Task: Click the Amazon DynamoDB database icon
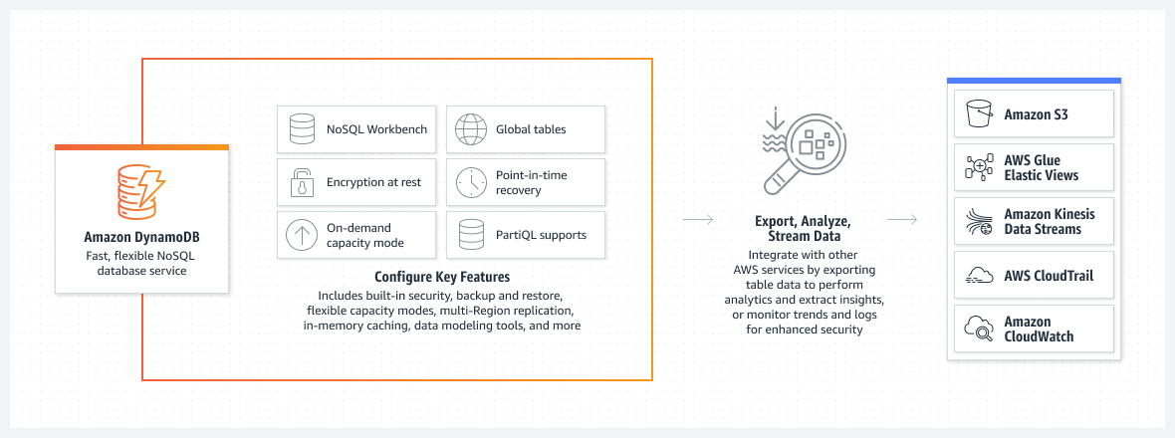pyautogui.click(x=140, y=193)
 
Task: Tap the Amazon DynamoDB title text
pyautogui.click(x=141, y=238)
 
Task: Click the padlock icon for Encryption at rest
pyautogui.click(x=301, y=183)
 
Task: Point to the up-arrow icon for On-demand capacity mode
pyautogui.click(x=301, y=236)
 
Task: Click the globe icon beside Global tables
pyautogui.click(x=470, y=129)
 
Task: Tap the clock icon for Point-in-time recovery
pyautogui.click(x=470, y=183)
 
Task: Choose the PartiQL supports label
pyautogui.click(x=541, y=236)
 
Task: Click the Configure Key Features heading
pyautogui.click(x=441, y=277)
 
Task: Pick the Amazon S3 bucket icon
pyautogui.click(x=980, y=114)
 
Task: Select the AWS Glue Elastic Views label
pyautogui.click(x=1041, y=167)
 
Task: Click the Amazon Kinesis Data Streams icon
pyautogui.click(x=980, y=222)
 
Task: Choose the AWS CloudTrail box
pyautogui.click(x=1033, y=275)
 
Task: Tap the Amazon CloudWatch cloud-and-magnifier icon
pyautogui.click(x=980, y=328)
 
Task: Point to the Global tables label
pyautogui.click(x=531, y=129)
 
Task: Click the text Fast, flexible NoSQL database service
pyautogui.click(x=141, y=263)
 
